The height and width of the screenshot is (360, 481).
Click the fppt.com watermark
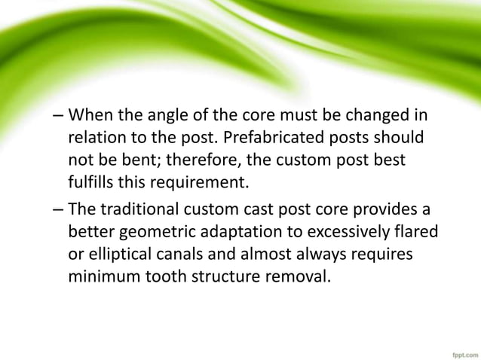(458, 349)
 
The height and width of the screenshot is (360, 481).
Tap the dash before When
(59, 120)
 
